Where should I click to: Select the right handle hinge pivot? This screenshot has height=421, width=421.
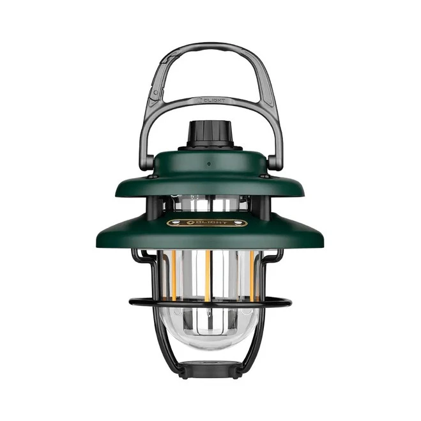click(273, 162)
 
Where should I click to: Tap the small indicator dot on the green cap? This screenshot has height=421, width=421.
click(208, 164)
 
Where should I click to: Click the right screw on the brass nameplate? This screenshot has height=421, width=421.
click(241, 223)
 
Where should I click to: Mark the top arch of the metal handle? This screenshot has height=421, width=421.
click(209, 47)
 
